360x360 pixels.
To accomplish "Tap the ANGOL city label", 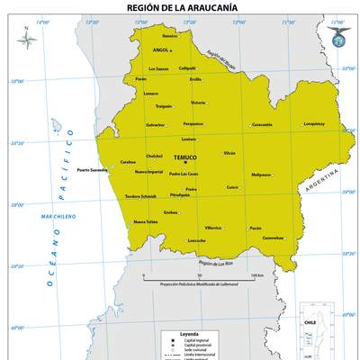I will click(162, 50).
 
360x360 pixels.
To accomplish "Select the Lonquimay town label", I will click(314, 123).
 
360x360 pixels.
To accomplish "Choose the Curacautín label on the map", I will click(262, 124).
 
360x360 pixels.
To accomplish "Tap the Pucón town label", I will click(256, 228).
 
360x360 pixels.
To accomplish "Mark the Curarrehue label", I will click(273, 238).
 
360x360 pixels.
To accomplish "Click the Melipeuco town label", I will click(261, 174).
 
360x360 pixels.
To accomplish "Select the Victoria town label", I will click(198, 102).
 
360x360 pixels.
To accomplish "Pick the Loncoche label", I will click(197, 240).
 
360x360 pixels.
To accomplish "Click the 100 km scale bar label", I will click(256, 274).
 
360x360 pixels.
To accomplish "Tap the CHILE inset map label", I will click(310, 320).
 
